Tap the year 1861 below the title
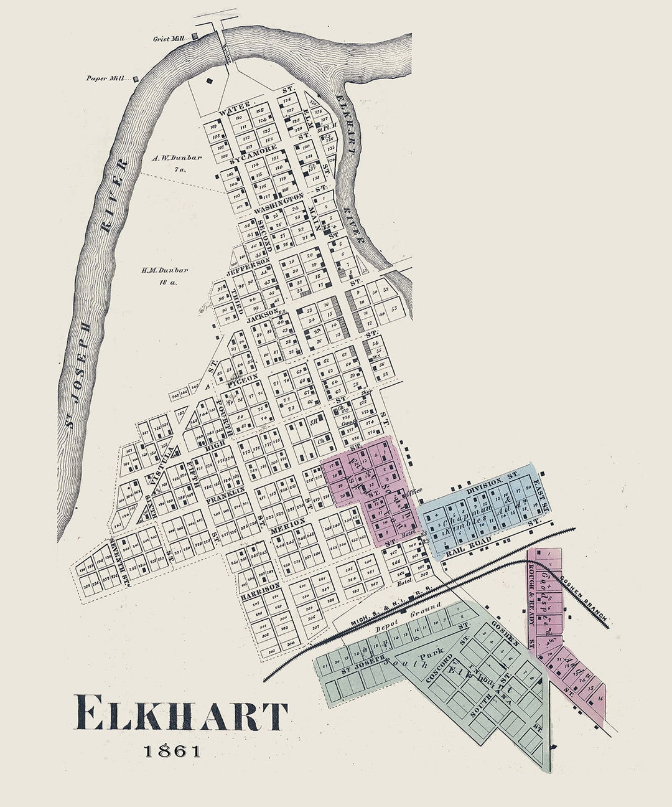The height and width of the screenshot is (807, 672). [x=173, y=751]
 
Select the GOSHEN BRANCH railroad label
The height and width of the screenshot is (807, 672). [x=581, y=598]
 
